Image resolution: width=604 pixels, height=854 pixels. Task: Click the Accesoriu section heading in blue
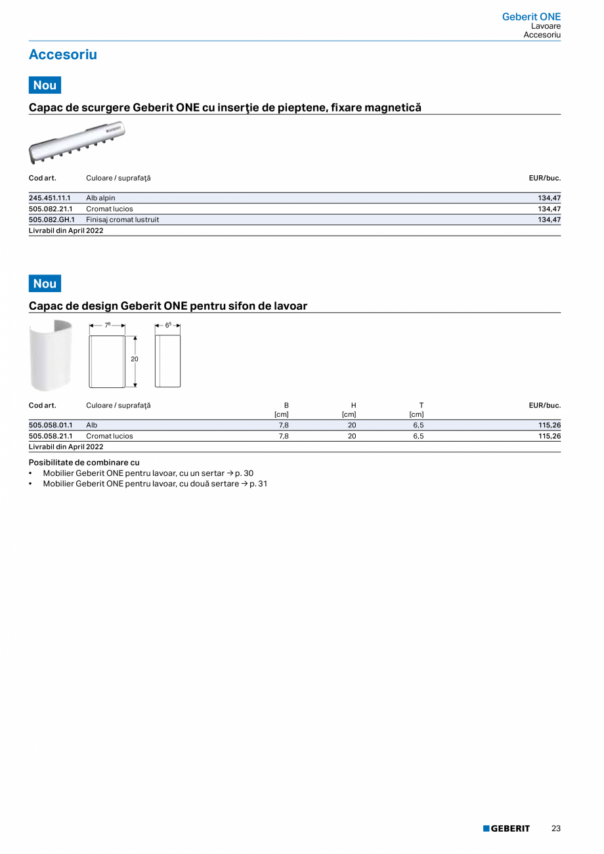(62, 55)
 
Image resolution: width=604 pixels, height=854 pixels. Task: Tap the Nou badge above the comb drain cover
(45, 85)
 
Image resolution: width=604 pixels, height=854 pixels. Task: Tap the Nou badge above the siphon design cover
(45, 284)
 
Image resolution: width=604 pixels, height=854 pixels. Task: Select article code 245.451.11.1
(50, 198)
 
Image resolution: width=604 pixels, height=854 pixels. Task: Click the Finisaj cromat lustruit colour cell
(123, 220)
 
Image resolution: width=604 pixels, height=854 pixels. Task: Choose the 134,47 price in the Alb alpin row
(549, 198)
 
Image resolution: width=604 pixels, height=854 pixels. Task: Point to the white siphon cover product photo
(51, 355)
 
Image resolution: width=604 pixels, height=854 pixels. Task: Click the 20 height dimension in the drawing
(135, 359)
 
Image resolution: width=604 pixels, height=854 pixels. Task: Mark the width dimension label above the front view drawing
(107, 325)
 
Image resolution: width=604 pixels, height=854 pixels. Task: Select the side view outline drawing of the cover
(167, 361)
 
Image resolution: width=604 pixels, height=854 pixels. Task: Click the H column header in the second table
(353, 405)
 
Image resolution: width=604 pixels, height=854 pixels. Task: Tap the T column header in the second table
(421, 405)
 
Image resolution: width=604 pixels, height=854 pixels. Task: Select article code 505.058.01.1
(50, 425)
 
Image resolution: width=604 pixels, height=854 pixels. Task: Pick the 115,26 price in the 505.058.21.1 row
(549, 436)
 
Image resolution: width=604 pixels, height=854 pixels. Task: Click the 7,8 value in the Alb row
(284, 425)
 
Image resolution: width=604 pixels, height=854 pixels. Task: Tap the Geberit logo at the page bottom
(506, 828)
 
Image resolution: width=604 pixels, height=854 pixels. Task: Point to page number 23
(555, 828)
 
